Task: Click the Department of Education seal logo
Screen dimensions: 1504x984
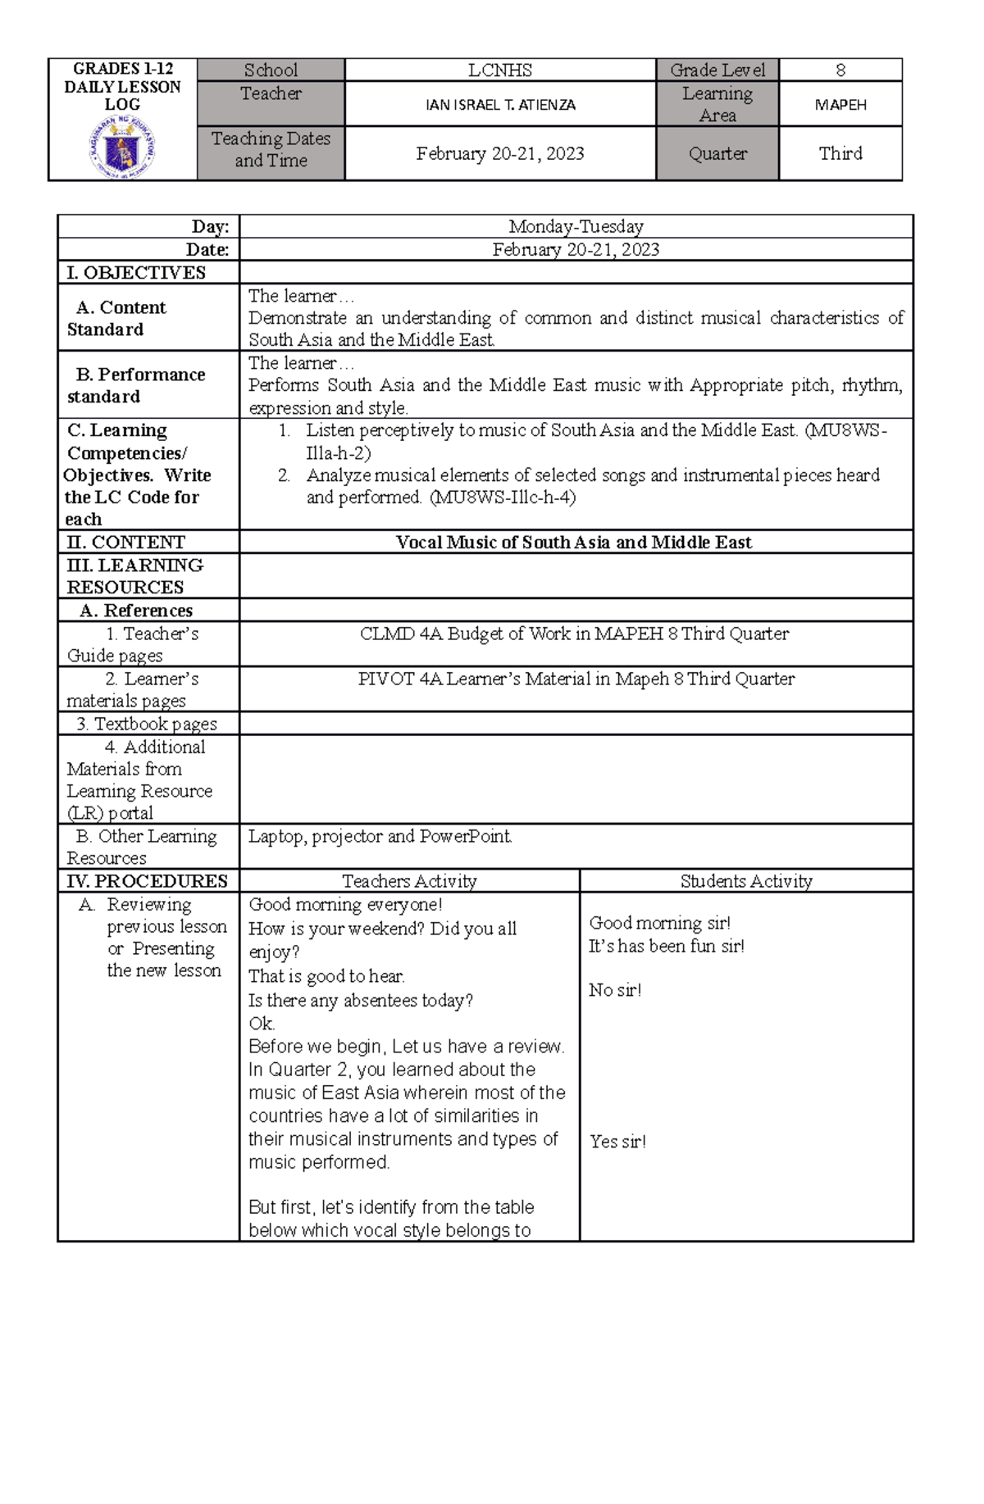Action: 122,149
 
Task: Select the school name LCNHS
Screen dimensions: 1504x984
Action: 499,70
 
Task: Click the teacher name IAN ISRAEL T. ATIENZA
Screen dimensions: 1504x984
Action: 499,105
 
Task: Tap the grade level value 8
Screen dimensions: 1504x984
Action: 840,70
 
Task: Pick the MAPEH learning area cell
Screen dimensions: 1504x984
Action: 840,105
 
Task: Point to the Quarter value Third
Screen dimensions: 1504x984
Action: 840,153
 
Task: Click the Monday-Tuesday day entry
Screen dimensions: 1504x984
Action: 576,226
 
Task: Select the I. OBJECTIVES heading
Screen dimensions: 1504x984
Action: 136,273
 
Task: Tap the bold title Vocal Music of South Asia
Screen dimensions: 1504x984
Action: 573,542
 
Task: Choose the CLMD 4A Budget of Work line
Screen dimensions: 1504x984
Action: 574,634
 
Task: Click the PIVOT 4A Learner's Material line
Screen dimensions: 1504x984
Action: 576,679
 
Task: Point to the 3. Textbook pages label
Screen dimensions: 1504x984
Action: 147,724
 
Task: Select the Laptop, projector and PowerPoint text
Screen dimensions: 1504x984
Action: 380,836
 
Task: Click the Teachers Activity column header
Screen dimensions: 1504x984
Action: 409,881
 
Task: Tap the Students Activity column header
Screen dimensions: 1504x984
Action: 745,881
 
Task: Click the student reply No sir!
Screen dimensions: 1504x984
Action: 615,990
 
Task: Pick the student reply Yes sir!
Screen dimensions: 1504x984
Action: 617,1142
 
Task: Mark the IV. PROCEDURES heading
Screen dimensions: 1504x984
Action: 147,881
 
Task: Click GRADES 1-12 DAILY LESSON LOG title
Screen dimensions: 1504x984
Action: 122,86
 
